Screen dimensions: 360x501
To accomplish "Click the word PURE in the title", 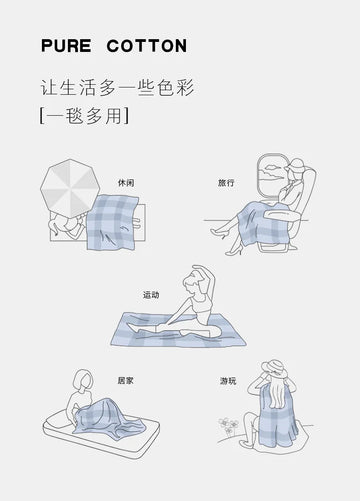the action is [x=66, y=46].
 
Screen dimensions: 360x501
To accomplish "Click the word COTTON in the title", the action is [x=147, y=46].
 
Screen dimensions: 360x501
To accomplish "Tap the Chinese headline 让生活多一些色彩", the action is [x=117, y=88].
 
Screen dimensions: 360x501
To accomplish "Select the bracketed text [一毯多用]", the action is [x=84, y=116].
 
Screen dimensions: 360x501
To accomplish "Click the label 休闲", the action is [x=126, y=183].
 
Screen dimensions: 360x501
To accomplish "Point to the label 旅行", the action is [x=226, y=183].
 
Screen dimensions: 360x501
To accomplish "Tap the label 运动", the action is [x=151, y=295].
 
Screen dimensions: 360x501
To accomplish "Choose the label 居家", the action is [x=126, y=380].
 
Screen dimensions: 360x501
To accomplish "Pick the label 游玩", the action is [x=228, y=381].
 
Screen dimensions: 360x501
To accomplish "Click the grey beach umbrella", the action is [x=70, y=188].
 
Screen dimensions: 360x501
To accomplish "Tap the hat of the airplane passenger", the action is [x=296, y=166].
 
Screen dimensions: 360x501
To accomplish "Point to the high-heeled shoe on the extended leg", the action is [x=217, y=232].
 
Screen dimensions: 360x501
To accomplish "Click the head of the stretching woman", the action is [x=193, y=283].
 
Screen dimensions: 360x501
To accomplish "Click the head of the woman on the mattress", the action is [x=83, y=380].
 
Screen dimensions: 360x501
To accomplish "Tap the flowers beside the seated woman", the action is [x=229, y=426].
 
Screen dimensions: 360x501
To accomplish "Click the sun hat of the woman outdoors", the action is [x=274, y=368].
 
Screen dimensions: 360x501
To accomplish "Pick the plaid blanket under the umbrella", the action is [x=112, y=222].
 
